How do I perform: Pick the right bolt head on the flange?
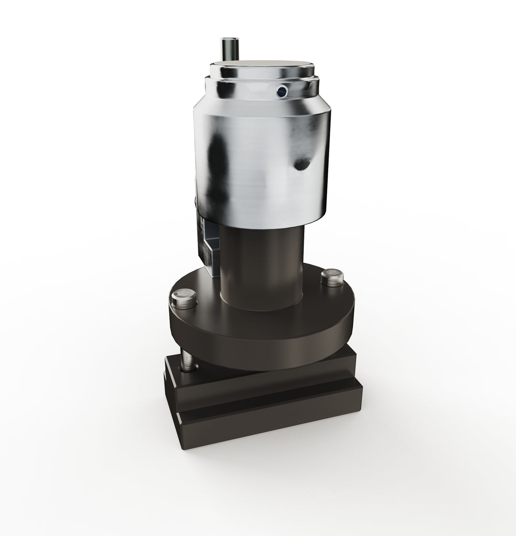[332, 278]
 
